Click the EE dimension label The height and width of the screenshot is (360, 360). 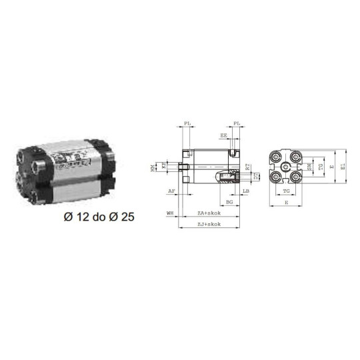[223, 136]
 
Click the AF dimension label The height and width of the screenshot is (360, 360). [171, 191]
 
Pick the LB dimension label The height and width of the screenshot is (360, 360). [246, 191]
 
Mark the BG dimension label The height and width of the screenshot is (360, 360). [229, 201]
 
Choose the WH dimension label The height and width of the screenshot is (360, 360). [170, 213]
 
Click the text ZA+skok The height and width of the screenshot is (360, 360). [209, 213]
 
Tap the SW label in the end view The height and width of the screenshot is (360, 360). [309, 166]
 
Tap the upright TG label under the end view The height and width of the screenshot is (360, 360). [285, 191]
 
